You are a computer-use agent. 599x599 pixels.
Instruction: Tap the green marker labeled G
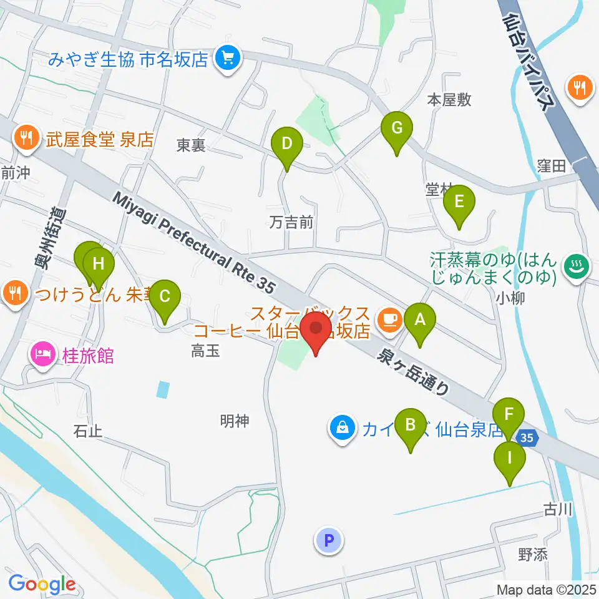(x=397, y=129)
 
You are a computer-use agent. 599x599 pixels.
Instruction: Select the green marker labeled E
(x=459, y=203)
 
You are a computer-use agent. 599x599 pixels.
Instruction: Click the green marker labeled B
(x=411, y=426)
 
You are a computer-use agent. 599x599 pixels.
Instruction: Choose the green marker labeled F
(x=509, y=414)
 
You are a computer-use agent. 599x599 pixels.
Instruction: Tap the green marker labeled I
(x=510, y=459)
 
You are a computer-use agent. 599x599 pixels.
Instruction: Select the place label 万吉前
(x=291, y=222)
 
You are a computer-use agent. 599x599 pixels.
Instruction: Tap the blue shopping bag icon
(x=343, y=429)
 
